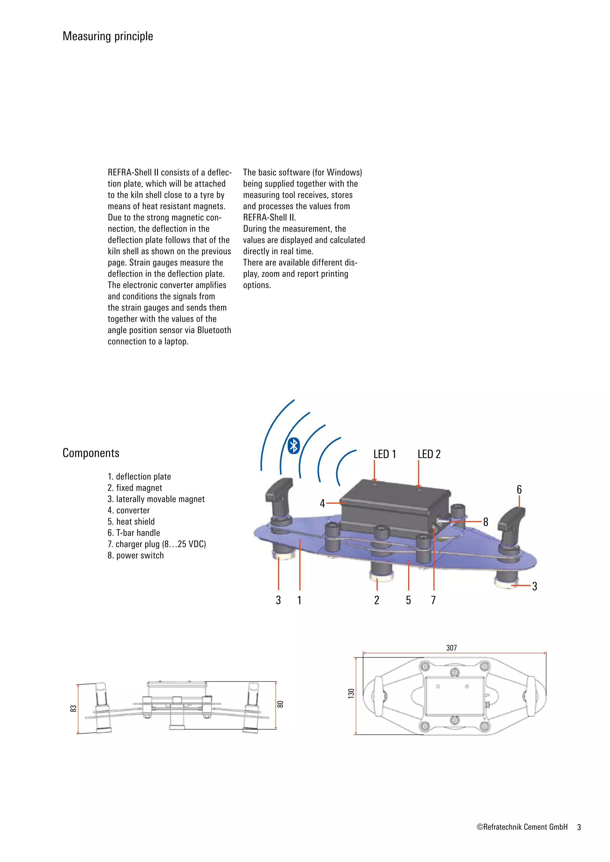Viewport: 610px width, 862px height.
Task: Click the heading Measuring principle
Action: [x=108, y=36]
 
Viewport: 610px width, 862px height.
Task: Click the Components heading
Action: [x=91, y=453]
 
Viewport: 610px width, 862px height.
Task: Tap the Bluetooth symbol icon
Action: [x=294, y=446]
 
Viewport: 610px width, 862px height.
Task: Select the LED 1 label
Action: [x=385, y=454]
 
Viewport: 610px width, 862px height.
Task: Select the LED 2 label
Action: [x=429, y=454]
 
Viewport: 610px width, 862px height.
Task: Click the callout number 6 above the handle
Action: [x=519, y=490]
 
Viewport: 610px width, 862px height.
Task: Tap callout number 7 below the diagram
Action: [x=433, y=600]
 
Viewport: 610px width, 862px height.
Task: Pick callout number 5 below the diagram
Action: [x=408, y=600]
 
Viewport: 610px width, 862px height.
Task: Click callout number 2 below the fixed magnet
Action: [x=377, y=600]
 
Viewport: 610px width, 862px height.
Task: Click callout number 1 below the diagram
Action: [x=299, y=600]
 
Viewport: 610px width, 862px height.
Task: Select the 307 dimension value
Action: [x=452, y=648]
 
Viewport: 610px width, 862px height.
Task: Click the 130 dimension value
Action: [x=351, y=694]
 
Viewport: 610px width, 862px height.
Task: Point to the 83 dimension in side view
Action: [x=74, y=708]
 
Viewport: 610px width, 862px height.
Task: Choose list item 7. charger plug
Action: [x=157, y=544]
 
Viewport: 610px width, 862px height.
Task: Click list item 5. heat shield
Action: [x=131, y=521]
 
